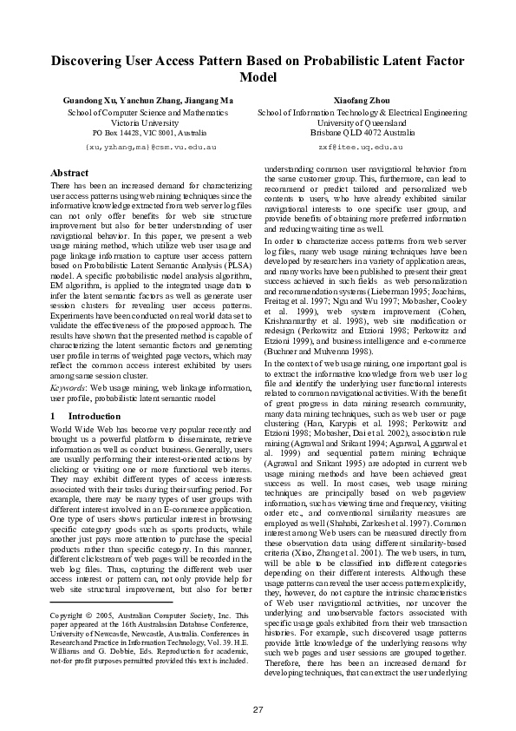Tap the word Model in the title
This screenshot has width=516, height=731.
point(258,78)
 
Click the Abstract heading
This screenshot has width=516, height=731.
point(69,174)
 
